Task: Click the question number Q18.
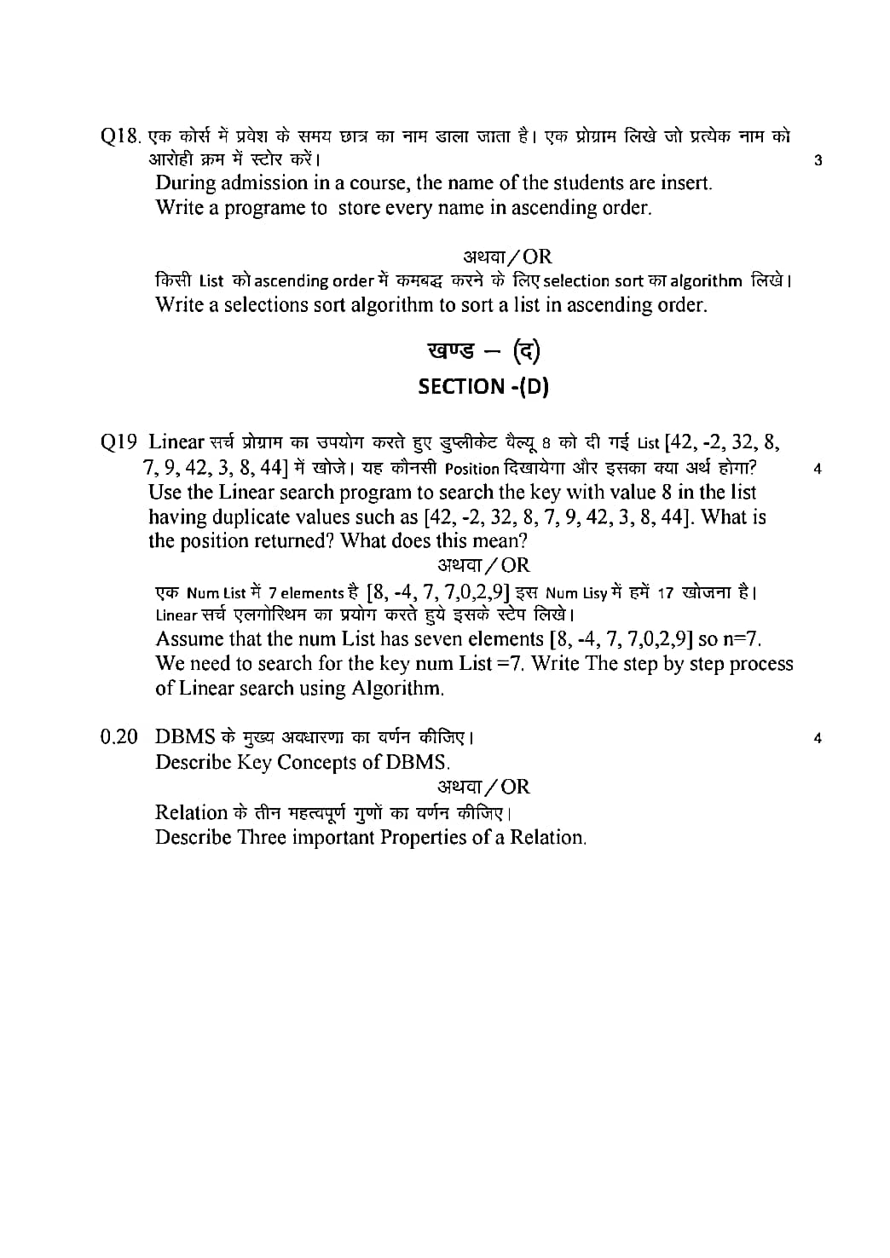tap(119, 136)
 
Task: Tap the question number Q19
tap(118, 442)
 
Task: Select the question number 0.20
tap(118, 737)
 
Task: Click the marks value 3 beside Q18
tap(818, 160)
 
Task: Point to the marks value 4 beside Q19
tap(818, 468)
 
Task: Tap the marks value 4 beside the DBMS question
tap(818, 739)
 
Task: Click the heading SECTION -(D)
tap(483, 387)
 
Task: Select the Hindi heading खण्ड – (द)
tap(483, 350)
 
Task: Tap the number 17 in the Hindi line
tap(666, 593)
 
